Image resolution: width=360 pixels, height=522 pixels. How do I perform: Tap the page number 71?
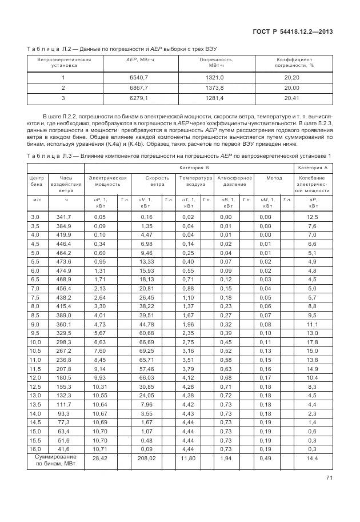[329, 478]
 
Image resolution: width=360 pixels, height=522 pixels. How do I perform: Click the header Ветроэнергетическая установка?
[63, 62]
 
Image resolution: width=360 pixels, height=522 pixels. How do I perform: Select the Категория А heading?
[313, 168]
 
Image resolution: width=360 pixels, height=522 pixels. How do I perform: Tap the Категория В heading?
[190, 168]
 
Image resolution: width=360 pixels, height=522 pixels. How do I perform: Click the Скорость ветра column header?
[154, 181]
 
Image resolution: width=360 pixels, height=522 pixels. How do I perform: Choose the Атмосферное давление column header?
[234, 181]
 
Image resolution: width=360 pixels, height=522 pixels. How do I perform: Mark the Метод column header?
[274, 178]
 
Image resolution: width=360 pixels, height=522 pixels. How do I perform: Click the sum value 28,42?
[100, 458]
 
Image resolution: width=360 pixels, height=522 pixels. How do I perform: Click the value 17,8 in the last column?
[313, 342]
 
